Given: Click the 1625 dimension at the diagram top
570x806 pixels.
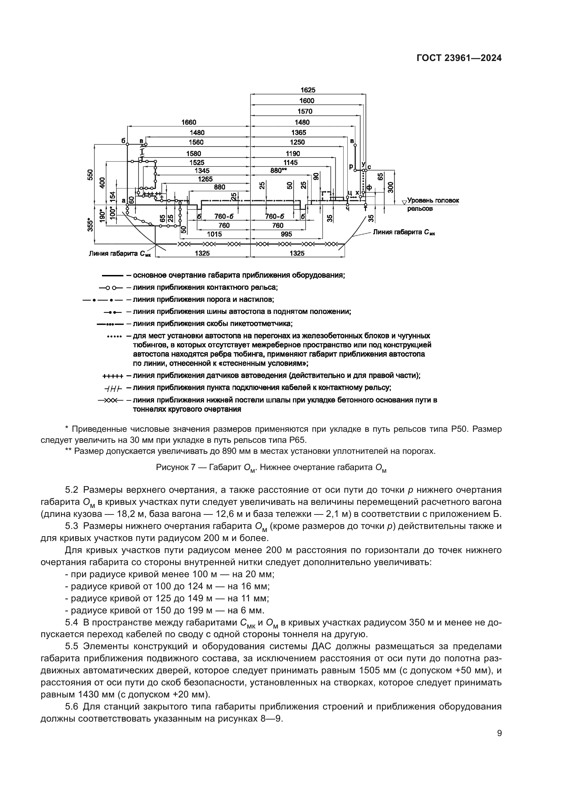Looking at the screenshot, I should [x=307, y=90].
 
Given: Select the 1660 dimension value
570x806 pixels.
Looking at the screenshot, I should [x=189, y=122].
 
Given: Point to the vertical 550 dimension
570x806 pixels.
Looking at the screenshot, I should [x=90, y=174].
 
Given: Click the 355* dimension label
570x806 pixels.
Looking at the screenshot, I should [x=90, y=225].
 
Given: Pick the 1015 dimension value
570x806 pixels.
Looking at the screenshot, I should [x=215, y=234].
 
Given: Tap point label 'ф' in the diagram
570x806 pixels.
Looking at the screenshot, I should [x=369, y=188].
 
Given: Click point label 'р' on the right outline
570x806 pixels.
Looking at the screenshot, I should [x=351, y=167].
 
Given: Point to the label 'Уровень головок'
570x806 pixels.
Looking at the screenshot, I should [x=433, y=201].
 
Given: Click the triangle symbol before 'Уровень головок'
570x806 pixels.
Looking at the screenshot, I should [x=404, y=202].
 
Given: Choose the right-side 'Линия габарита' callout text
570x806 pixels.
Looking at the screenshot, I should [x=404, y=232].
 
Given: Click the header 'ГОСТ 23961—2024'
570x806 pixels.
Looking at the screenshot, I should [x=459, y=58].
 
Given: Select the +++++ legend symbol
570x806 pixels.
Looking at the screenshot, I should [x=112, y=376].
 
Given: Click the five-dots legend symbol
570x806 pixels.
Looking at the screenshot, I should [x=114, y=337].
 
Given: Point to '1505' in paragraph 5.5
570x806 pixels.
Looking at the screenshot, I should [x=373, y=671].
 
